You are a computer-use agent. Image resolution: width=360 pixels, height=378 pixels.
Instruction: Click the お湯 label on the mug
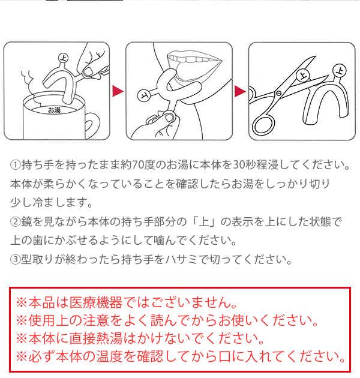54,110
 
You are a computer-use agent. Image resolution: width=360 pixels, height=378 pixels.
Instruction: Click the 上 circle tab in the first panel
64,58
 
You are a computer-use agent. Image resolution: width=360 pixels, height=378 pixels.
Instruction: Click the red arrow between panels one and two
118,91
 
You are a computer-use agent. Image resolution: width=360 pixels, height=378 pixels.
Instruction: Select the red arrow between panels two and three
240,91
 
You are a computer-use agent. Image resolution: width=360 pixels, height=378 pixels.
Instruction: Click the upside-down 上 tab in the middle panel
144,95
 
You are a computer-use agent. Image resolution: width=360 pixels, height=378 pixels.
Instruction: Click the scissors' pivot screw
279,93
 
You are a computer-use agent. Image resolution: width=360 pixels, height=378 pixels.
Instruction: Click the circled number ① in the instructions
15,165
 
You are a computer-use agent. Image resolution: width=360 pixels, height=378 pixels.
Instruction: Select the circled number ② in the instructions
15,222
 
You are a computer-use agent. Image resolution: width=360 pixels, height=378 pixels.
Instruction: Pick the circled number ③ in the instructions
15,260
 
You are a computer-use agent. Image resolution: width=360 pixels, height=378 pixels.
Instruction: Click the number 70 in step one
137,165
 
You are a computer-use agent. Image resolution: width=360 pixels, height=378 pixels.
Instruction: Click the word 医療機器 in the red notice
96,302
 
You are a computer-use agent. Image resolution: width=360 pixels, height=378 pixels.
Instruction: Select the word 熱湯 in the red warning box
109,339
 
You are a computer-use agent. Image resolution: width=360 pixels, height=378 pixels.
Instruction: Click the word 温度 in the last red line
109,357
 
